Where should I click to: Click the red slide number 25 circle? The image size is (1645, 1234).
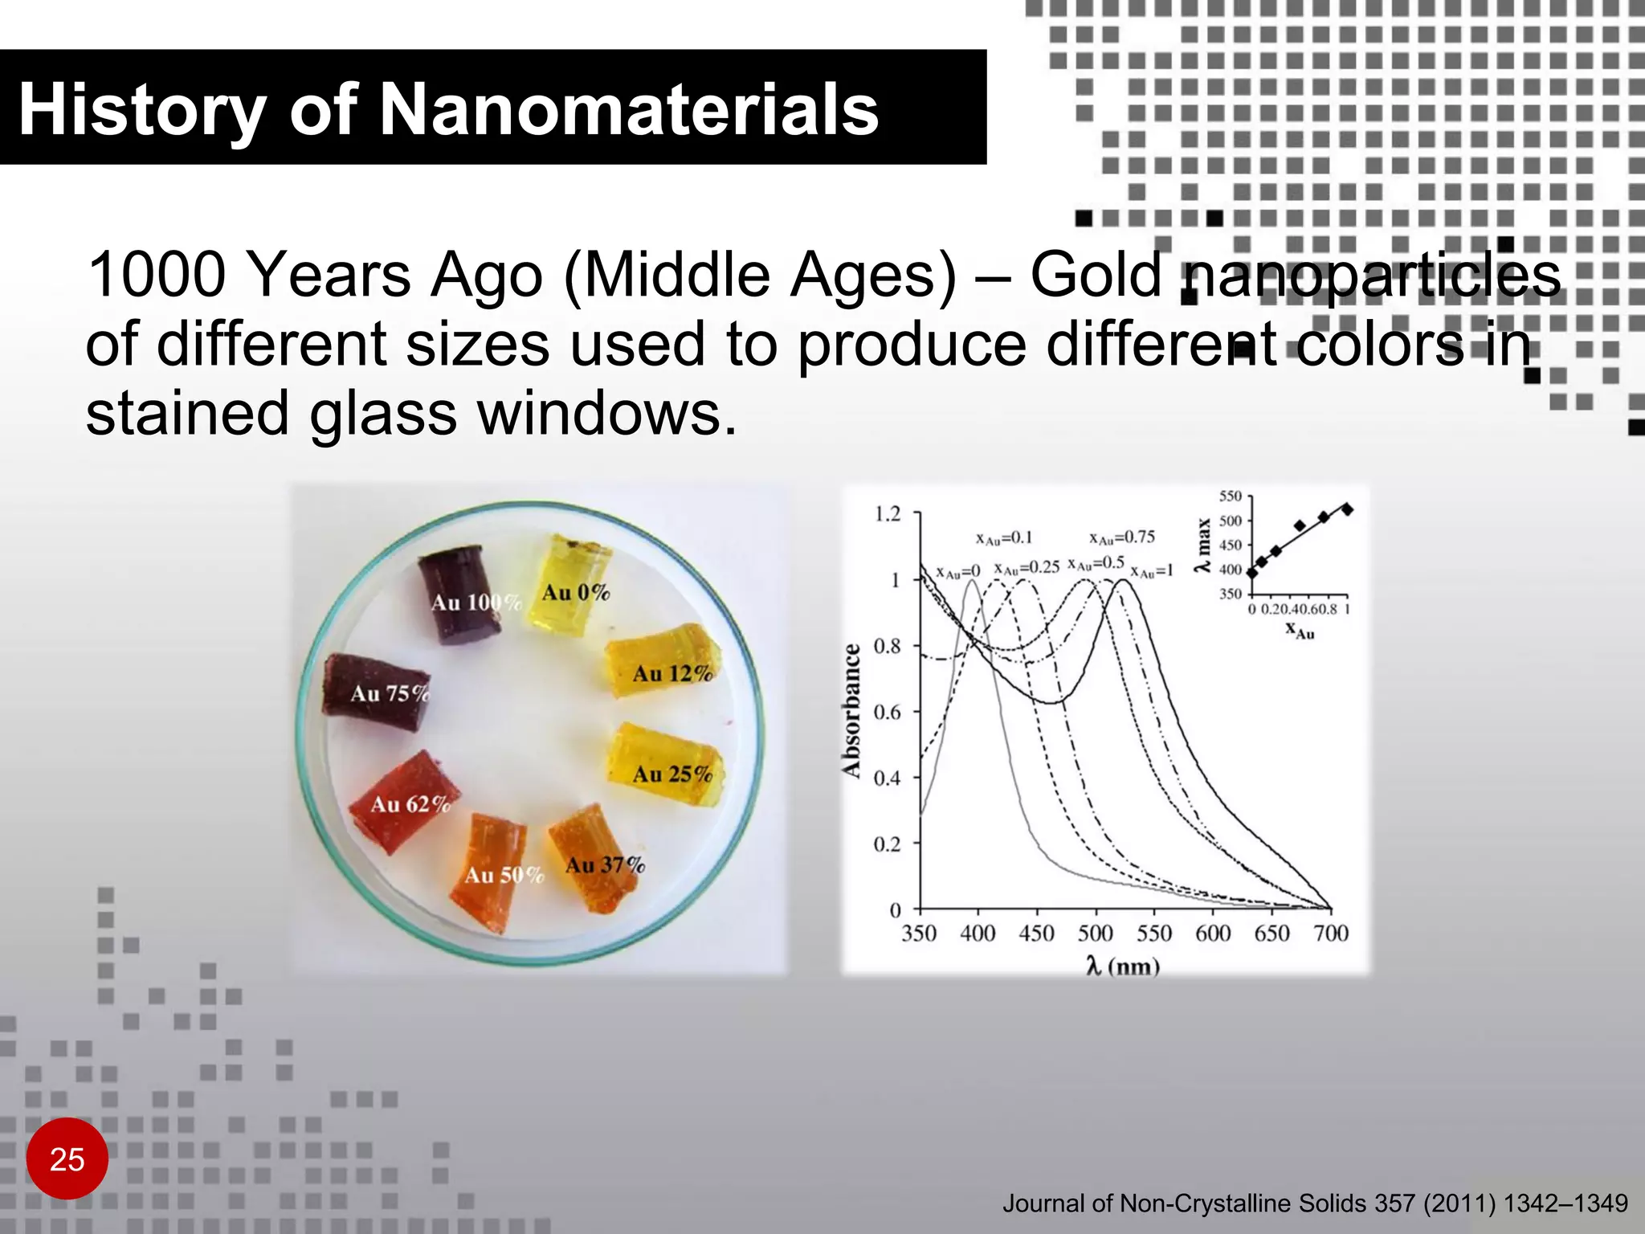coord(67,1158)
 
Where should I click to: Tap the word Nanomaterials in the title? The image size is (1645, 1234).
coord(627,110)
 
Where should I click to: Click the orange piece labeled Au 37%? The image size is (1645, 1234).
coord(596,856)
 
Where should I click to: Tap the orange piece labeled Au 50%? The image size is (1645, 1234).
coord(496,868)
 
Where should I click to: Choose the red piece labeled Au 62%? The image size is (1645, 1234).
coord(404,802)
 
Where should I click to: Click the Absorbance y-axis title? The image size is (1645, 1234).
coord(851,710)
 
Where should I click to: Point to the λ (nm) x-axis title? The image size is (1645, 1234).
coord(1122,966)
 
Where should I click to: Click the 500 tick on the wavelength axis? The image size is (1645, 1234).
coord(1095,934)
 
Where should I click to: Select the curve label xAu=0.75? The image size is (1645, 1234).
coord(1122,537)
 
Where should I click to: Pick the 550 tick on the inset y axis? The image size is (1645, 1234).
coord(1230,496)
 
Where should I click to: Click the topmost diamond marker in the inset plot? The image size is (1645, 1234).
coord(1347,509)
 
